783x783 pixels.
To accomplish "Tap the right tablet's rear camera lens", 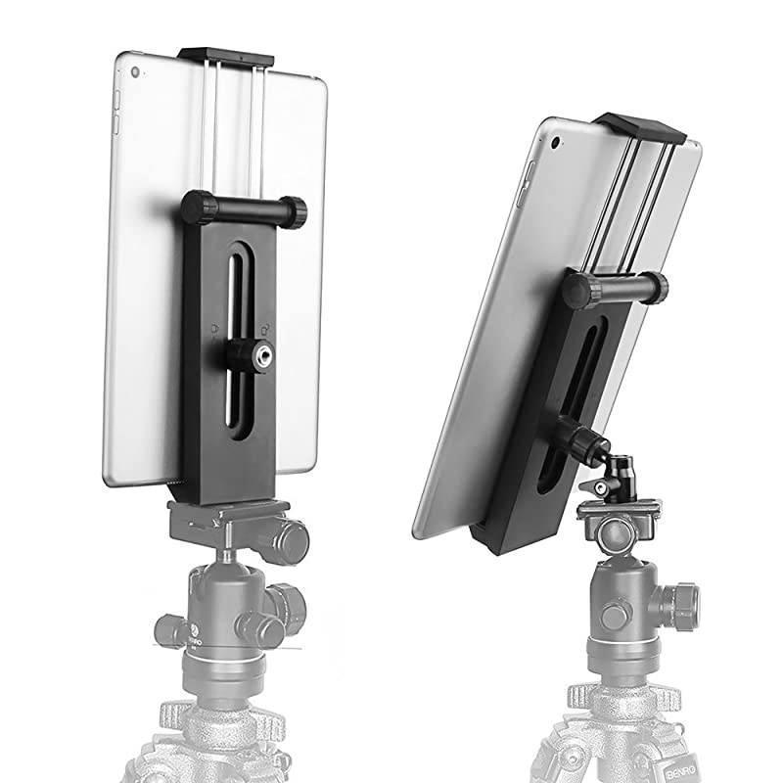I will coord(556,142).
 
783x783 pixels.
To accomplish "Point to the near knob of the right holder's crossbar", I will coord(577,290).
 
